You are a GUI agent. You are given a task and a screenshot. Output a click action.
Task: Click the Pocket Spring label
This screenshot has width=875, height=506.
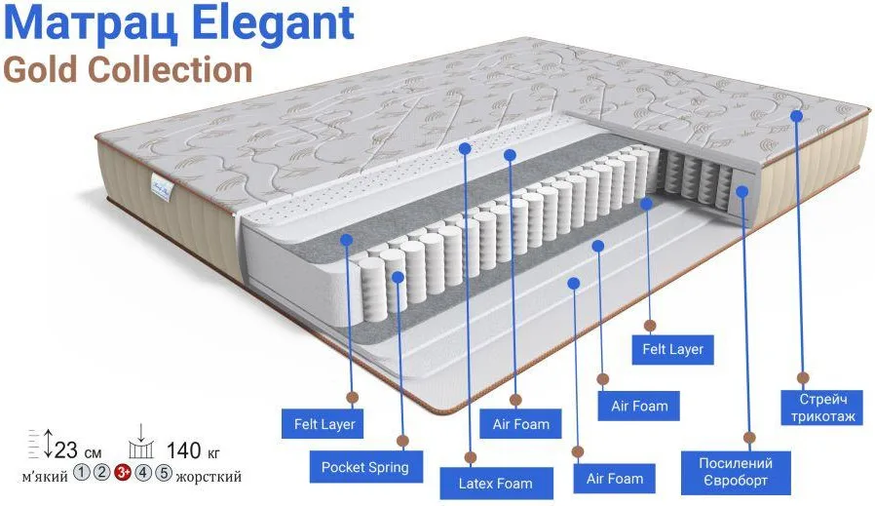[365, 467]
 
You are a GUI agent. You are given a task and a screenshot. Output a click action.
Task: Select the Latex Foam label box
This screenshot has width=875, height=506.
[496, 484]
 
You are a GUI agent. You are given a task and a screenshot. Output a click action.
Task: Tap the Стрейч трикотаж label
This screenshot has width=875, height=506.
[823, 408]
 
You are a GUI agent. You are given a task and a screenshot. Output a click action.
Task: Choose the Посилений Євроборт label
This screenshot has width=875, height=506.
[736, 472]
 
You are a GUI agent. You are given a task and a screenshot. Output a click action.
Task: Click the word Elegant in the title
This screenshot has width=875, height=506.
[275, 23]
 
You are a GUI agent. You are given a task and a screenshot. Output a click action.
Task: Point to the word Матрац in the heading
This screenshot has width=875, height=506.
[92, 23]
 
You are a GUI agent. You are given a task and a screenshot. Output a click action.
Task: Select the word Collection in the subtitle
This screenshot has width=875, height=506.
[170, 70]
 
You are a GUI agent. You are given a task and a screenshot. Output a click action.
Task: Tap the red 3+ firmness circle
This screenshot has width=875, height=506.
[122, 473]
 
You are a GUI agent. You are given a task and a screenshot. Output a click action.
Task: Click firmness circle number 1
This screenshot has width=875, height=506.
[82, 473]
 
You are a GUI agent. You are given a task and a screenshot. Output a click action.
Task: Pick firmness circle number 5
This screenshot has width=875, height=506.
[163, 473]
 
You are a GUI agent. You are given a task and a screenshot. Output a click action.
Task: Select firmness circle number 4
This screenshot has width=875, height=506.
[143, 473]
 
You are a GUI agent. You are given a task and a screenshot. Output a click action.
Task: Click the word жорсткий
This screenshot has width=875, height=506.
[209, 477]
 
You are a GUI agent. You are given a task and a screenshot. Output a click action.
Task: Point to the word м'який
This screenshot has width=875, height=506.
[45, 477]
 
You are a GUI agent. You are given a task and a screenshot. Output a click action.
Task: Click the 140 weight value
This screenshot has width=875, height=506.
[183, 450]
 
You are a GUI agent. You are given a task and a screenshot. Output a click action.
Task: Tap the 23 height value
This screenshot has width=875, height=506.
[66, 450]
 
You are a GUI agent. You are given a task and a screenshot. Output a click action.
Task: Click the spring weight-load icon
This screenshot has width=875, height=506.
[140, 442]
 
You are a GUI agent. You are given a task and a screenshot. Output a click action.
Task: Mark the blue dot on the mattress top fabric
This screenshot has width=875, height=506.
[796, 116]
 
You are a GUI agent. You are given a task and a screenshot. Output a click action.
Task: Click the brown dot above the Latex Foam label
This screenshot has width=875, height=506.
[471, 458]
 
